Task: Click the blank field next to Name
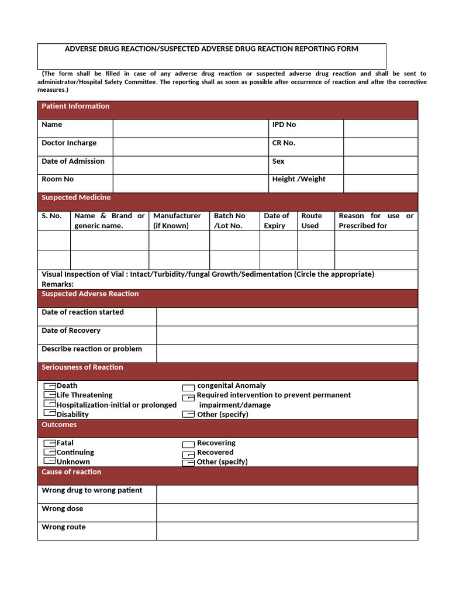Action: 190,128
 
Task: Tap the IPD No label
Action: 284,125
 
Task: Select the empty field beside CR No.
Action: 380,146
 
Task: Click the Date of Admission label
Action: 73,161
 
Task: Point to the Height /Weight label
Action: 299,180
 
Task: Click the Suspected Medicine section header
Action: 76,198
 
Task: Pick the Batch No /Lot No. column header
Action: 229,221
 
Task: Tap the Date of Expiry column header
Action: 276,221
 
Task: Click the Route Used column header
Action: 311,221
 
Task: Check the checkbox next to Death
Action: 50,386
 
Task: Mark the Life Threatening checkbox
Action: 50,395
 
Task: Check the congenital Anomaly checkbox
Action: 188,387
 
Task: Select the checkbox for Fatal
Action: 50,443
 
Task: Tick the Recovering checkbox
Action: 188,444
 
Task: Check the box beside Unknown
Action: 50,462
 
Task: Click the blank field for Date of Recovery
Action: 286,335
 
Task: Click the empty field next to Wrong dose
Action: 286,512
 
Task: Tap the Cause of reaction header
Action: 71,472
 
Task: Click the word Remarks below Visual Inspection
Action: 57,284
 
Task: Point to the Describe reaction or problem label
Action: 92,349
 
